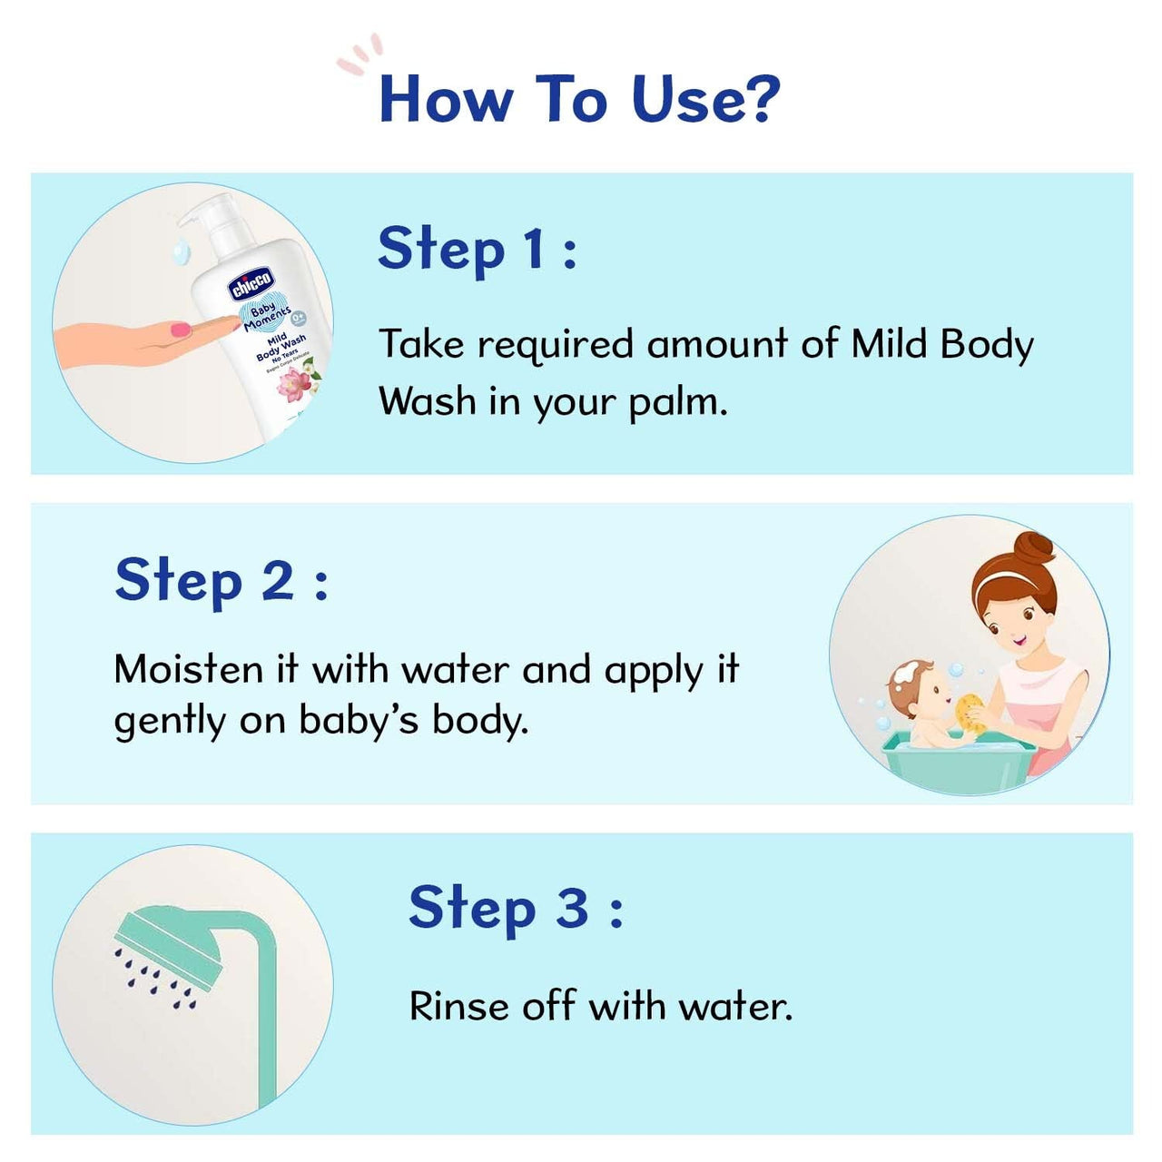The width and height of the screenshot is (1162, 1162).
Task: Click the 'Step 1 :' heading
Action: tap(477, 249)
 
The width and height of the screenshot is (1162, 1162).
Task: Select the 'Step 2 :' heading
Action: tap(221, 581)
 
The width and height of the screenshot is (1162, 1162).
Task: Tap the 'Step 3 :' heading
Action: tap(516, 908)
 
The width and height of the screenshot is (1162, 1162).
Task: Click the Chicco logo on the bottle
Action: tap(250, 284)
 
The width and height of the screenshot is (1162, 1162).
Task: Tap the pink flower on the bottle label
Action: tap(293, 386)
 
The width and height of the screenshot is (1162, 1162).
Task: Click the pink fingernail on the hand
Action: tap(182, 328)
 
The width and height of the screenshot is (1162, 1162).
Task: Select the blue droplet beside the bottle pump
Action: tap(181, 247)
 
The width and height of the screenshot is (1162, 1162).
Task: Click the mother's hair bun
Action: tap(1034, 549)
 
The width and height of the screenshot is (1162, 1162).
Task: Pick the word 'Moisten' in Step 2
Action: tap(188, 670)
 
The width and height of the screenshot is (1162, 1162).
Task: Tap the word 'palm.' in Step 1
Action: tap(678, 402)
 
